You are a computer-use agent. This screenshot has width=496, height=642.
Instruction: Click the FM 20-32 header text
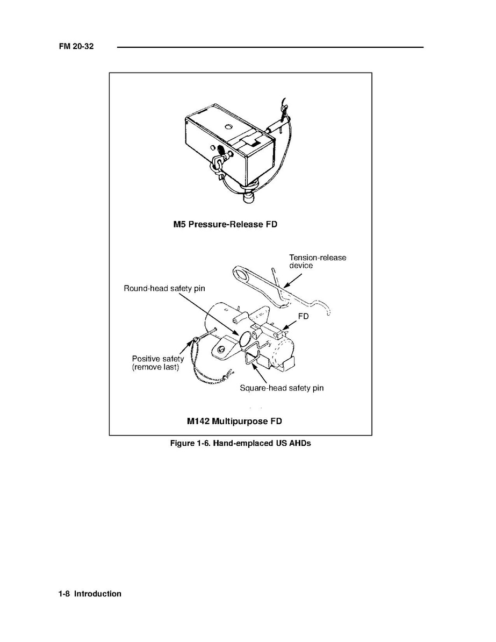click(76, 46)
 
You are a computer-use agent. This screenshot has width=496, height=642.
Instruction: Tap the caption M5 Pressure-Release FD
click(225, 224)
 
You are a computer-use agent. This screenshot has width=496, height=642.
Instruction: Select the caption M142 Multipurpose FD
click(234, 421)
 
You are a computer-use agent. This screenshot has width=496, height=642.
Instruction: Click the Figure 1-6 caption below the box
click(241, 443)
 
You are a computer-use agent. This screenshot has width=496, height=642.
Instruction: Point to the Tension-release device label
click(318, 261)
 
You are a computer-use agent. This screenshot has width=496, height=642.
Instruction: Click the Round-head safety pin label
click(164, 288)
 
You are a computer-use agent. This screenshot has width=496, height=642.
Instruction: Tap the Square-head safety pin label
click(282, 388)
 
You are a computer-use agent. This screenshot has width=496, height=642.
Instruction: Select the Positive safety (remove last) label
click(158, 363)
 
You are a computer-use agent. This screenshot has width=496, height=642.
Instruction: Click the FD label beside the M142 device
click(303, 316)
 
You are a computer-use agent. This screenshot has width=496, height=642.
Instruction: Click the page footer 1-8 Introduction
click(90, 594)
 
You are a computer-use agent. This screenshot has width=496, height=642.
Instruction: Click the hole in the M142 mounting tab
click(221, 349)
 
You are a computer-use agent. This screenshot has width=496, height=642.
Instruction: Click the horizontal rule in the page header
click(270, 47)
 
